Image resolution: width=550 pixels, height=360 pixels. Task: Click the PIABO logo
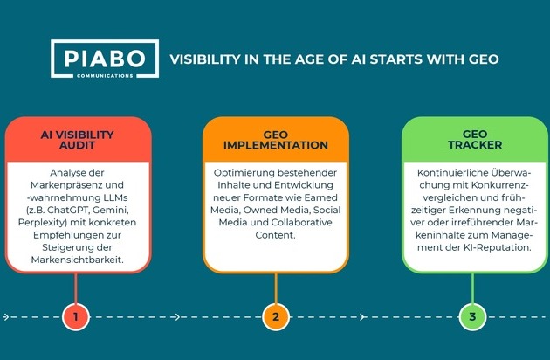(105, 59)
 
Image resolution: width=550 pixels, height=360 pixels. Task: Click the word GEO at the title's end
(484, 59)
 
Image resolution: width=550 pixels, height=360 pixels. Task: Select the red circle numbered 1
(76, 317)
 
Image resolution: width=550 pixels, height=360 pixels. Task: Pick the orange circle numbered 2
(276, 317)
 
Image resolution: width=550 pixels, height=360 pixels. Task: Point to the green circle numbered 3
(472, 317)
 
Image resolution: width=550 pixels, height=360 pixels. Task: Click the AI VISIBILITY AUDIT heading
(77, 140)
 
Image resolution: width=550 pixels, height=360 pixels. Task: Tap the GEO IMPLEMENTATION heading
(276, 140)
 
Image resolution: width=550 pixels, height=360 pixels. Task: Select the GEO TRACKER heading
(475, 140)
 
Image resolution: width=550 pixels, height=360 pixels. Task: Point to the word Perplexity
(43, 223)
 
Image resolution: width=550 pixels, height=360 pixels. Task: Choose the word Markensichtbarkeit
(78, 260)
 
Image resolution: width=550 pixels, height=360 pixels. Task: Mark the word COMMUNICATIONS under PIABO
(105, 75)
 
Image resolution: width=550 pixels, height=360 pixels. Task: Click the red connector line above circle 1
(76, 288)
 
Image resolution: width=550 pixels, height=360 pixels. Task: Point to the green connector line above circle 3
(472, 288)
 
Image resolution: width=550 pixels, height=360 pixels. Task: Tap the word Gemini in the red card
(111, 210)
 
